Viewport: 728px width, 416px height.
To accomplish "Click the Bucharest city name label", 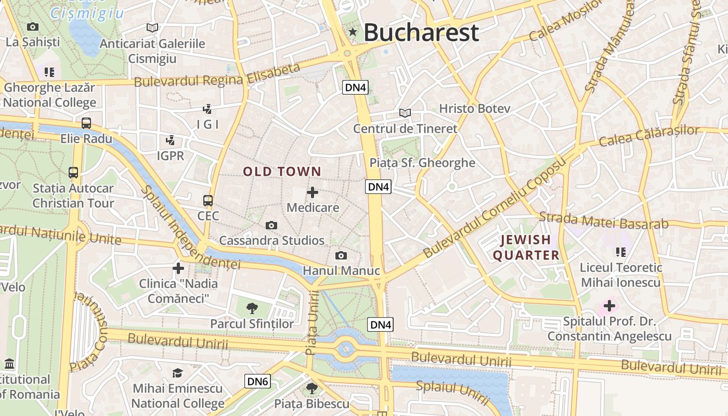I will click(x=421, y=33).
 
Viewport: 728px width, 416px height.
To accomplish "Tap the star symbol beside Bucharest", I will click(x=353, y=32).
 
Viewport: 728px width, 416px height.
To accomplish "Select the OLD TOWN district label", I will click(x=282, y=172).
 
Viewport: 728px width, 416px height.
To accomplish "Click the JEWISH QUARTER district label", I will click(x=526, y=248).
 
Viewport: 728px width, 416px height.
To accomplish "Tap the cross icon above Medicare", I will click(x=313, y=193).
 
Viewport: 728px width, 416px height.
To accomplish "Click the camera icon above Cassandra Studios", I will click(x=271, y=225).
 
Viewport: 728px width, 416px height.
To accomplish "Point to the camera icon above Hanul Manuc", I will click(x=341, y=255).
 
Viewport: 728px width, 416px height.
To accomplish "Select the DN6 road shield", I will click(x=257, y=381).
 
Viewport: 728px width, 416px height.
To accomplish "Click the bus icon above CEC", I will click(x=208, y=200).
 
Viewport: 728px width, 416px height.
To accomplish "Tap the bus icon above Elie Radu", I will click(x=86, y=123).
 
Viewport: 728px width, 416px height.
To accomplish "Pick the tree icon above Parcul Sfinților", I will click(x=252, y=308).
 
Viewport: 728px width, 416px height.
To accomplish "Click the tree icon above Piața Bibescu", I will click(x=311, y=388).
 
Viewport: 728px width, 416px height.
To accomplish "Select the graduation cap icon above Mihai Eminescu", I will click(x=178, y=373).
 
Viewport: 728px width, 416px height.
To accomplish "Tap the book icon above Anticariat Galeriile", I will click(x=152, y=28).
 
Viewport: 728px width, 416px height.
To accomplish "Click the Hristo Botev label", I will click(x=475, y=109).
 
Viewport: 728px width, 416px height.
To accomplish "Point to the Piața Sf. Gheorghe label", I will click(x=422, y=163).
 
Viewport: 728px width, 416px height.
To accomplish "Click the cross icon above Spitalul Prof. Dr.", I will click(x=609, y=306).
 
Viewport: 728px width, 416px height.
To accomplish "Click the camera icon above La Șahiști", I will click(x=33, y=27).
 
